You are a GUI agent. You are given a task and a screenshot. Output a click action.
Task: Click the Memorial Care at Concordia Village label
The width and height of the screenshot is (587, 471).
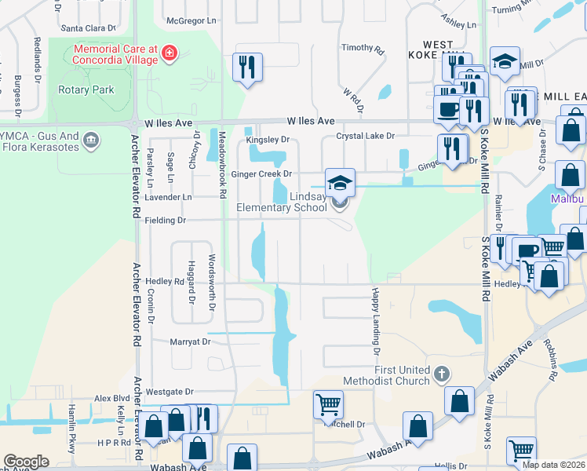(115, 53)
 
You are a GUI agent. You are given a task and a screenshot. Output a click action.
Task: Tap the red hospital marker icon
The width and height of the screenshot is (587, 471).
(170, 53)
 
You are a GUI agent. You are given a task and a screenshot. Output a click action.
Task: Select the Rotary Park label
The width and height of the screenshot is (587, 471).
(86, 89)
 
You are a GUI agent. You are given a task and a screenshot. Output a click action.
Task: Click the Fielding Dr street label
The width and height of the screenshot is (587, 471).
(165, 221)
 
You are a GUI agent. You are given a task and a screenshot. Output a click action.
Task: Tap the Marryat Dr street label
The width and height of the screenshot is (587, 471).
(191, 341)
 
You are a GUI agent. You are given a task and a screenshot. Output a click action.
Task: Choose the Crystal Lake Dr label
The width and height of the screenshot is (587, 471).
(365, 136)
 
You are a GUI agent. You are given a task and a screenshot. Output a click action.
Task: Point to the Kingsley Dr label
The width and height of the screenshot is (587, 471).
(268, 140)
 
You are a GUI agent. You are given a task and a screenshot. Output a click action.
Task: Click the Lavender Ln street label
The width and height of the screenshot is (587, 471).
(169, 197)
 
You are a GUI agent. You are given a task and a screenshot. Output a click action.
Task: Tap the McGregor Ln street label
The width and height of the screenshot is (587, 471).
(191, 20)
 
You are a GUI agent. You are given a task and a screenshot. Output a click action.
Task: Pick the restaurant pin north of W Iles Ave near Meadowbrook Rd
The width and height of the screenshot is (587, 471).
(247, 68)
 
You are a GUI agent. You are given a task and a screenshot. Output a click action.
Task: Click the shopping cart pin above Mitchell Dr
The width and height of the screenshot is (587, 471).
(328, 405)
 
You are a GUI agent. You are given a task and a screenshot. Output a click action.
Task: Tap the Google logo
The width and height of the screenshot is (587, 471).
(27, 462)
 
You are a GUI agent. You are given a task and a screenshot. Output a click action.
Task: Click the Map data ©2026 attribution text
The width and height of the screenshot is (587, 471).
(553, 465)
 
